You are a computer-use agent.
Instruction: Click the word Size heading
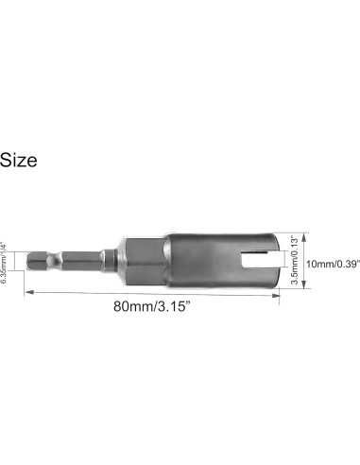point(18,160)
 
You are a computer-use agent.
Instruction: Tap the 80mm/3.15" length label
point(152,306)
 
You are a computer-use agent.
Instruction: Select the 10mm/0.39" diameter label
point(333,264)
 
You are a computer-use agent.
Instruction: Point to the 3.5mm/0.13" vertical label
point(294,260)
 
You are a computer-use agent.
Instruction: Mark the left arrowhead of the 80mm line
point(29,293)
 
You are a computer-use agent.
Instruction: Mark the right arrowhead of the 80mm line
point(276,296)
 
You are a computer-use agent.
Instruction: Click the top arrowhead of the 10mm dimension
point(304,237)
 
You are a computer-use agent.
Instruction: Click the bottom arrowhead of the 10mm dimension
point(304,284)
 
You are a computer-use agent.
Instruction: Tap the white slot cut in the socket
point(259,260)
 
